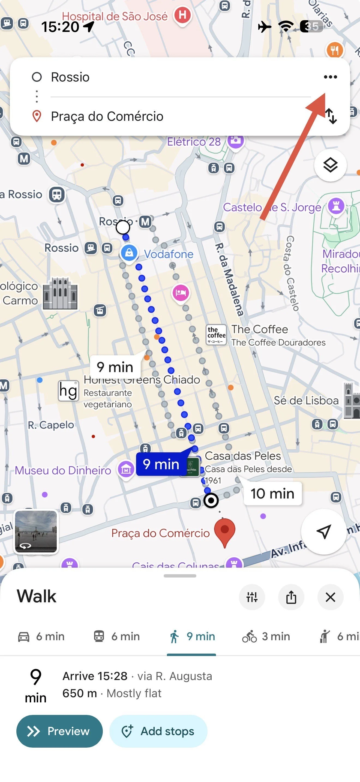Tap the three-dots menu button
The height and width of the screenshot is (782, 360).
[x=330, y=77]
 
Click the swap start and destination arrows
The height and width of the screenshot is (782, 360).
[x=331, y=116]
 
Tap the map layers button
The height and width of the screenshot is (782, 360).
[x=330, y=165]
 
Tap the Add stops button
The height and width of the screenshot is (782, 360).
[x=158, y=731]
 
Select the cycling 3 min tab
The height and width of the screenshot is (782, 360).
[x=266, y=636]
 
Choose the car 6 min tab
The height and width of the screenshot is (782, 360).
[x=41, y=636]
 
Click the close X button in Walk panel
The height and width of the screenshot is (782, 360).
[x=330, y=597]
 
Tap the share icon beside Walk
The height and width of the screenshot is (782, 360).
[x=291, y=597]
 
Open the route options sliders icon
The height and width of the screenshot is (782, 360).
[x=252, y=597]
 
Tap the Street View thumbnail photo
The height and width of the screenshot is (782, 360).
[x=36, y=531]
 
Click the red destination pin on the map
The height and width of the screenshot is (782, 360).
[x=225, y=530]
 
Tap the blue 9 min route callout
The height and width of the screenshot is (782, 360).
[x=161, y=464]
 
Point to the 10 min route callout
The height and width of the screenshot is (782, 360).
[x=272, y=494]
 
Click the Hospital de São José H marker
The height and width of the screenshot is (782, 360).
[x=182, y=15]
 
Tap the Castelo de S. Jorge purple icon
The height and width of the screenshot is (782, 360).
[x=336, y=206]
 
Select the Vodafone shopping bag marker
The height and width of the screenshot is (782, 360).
[x=129, y=252]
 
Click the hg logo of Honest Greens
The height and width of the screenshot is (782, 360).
[x=68, y=391]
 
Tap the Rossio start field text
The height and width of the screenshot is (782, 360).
[x=70, y=77]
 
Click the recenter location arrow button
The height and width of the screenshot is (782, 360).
[x=323, y=531]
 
